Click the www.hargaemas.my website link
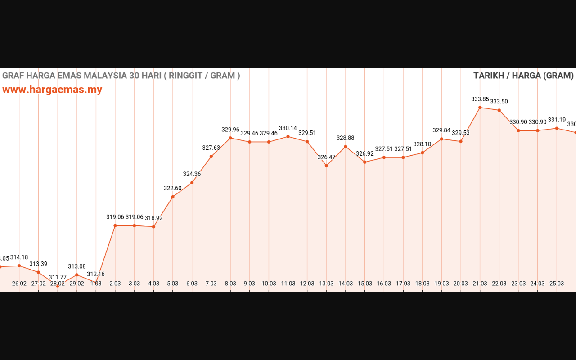click(52, 90)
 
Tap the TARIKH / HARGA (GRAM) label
click(523, 76)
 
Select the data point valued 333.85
click(480, 108)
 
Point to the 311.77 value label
click(58, 277)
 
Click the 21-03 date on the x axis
click(480, 283)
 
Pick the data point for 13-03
click(326, 166)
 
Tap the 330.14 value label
click(288, 128)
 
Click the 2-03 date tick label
click(115, 283)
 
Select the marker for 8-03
click(230, 138)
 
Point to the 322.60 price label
click(173, 189)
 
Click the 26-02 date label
click(19, 283)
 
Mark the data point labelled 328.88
click(346, 146)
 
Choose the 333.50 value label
click(499, 102)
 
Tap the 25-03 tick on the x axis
click(557, 283)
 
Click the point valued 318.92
click(153, 227)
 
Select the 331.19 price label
click(557, 120)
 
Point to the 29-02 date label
click(77, 283)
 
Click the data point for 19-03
click(441, 139)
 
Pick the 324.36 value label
click(192, 174)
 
